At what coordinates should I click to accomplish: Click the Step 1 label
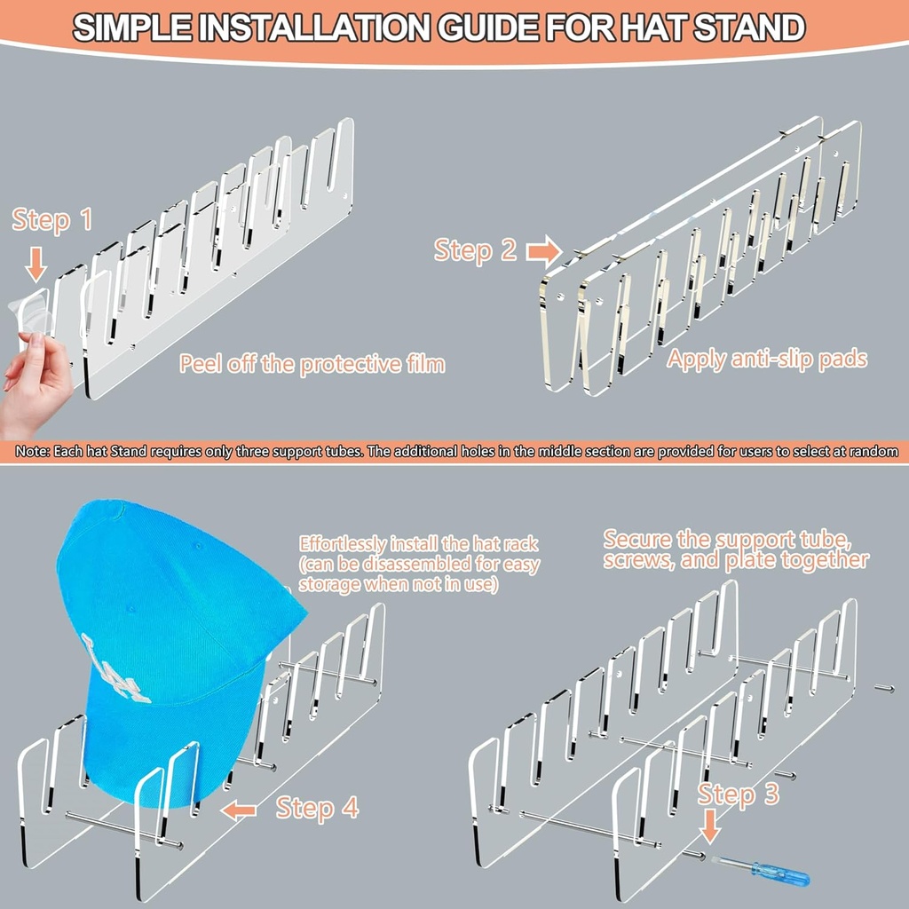(x=51, y=219)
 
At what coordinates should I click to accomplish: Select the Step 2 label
(x=475, y=250)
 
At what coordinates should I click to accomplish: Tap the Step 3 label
(x=738, y=794)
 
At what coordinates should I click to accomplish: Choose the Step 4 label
(x=317, y=808)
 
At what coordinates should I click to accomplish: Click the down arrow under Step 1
(x=36, y=264)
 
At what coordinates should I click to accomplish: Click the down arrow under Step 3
(x=710, y=831)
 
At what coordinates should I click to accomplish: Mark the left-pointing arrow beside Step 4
(x=239, y=809)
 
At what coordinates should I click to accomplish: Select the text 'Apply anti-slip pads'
(x=767, y=360)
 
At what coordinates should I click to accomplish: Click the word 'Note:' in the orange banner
(x=33, y=452)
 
